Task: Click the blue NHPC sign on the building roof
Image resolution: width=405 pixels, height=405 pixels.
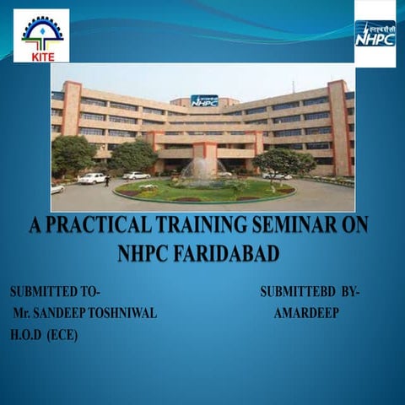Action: (203, 100)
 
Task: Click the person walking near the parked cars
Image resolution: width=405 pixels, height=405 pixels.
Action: (107, 181)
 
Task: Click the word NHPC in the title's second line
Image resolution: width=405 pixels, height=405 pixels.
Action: (154, 252)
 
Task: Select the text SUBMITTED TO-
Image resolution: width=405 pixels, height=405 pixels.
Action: (55, 293)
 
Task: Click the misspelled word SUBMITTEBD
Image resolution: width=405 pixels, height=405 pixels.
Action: (298, 293)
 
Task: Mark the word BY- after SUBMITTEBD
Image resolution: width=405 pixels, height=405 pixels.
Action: (351, 293)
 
